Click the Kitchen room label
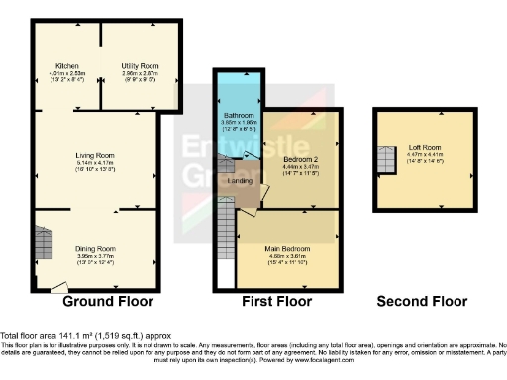pos(67,64)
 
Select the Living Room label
pos(97,155)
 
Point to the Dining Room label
pos(97,249)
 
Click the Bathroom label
pos(237,115)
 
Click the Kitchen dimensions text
pos(67,75)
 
